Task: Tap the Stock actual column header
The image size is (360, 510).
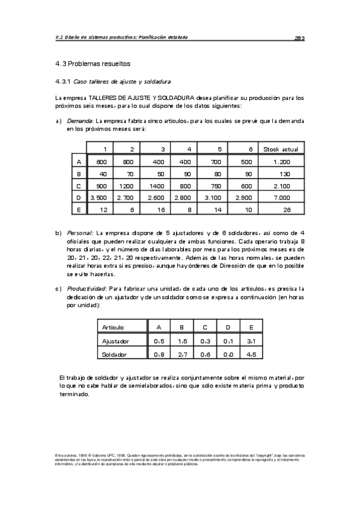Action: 281,149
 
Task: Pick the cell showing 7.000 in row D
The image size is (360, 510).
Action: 281,197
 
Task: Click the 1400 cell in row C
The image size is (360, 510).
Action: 159,186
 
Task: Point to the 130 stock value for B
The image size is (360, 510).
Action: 281,174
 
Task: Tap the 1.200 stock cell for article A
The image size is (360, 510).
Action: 281,162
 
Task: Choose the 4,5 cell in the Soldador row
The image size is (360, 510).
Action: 251,355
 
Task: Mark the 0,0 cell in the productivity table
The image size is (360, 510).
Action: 228,355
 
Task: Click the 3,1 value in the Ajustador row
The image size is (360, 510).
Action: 251,341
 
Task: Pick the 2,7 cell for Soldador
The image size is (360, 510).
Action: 182,355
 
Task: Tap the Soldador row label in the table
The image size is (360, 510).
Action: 114,355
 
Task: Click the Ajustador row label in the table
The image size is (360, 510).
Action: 116,341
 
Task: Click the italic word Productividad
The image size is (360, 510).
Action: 85,288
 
